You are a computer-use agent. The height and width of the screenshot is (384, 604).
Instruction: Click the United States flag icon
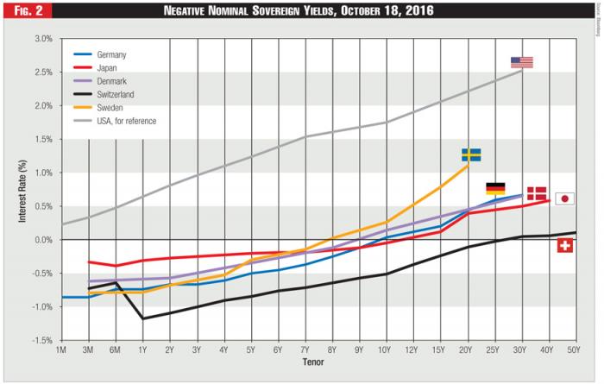pos(521,62)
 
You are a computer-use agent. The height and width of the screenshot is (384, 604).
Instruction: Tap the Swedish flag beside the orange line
pos(470,154)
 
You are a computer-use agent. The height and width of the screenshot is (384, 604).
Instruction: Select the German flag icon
pos(495,188)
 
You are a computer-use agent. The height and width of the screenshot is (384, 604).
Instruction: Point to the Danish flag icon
pos(537,193)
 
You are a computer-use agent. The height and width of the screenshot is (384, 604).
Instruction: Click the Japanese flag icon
pos(564,198)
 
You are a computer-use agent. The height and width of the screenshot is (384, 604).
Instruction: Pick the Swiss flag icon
pos(565,246)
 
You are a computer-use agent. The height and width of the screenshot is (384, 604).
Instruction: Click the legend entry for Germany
pos(111,54)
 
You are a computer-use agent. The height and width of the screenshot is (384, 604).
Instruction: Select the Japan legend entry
pos(107,67)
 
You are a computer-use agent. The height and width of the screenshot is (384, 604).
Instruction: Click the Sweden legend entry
pos(110,107)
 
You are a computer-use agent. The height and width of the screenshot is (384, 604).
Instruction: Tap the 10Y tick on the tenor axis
pos(384,351)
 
